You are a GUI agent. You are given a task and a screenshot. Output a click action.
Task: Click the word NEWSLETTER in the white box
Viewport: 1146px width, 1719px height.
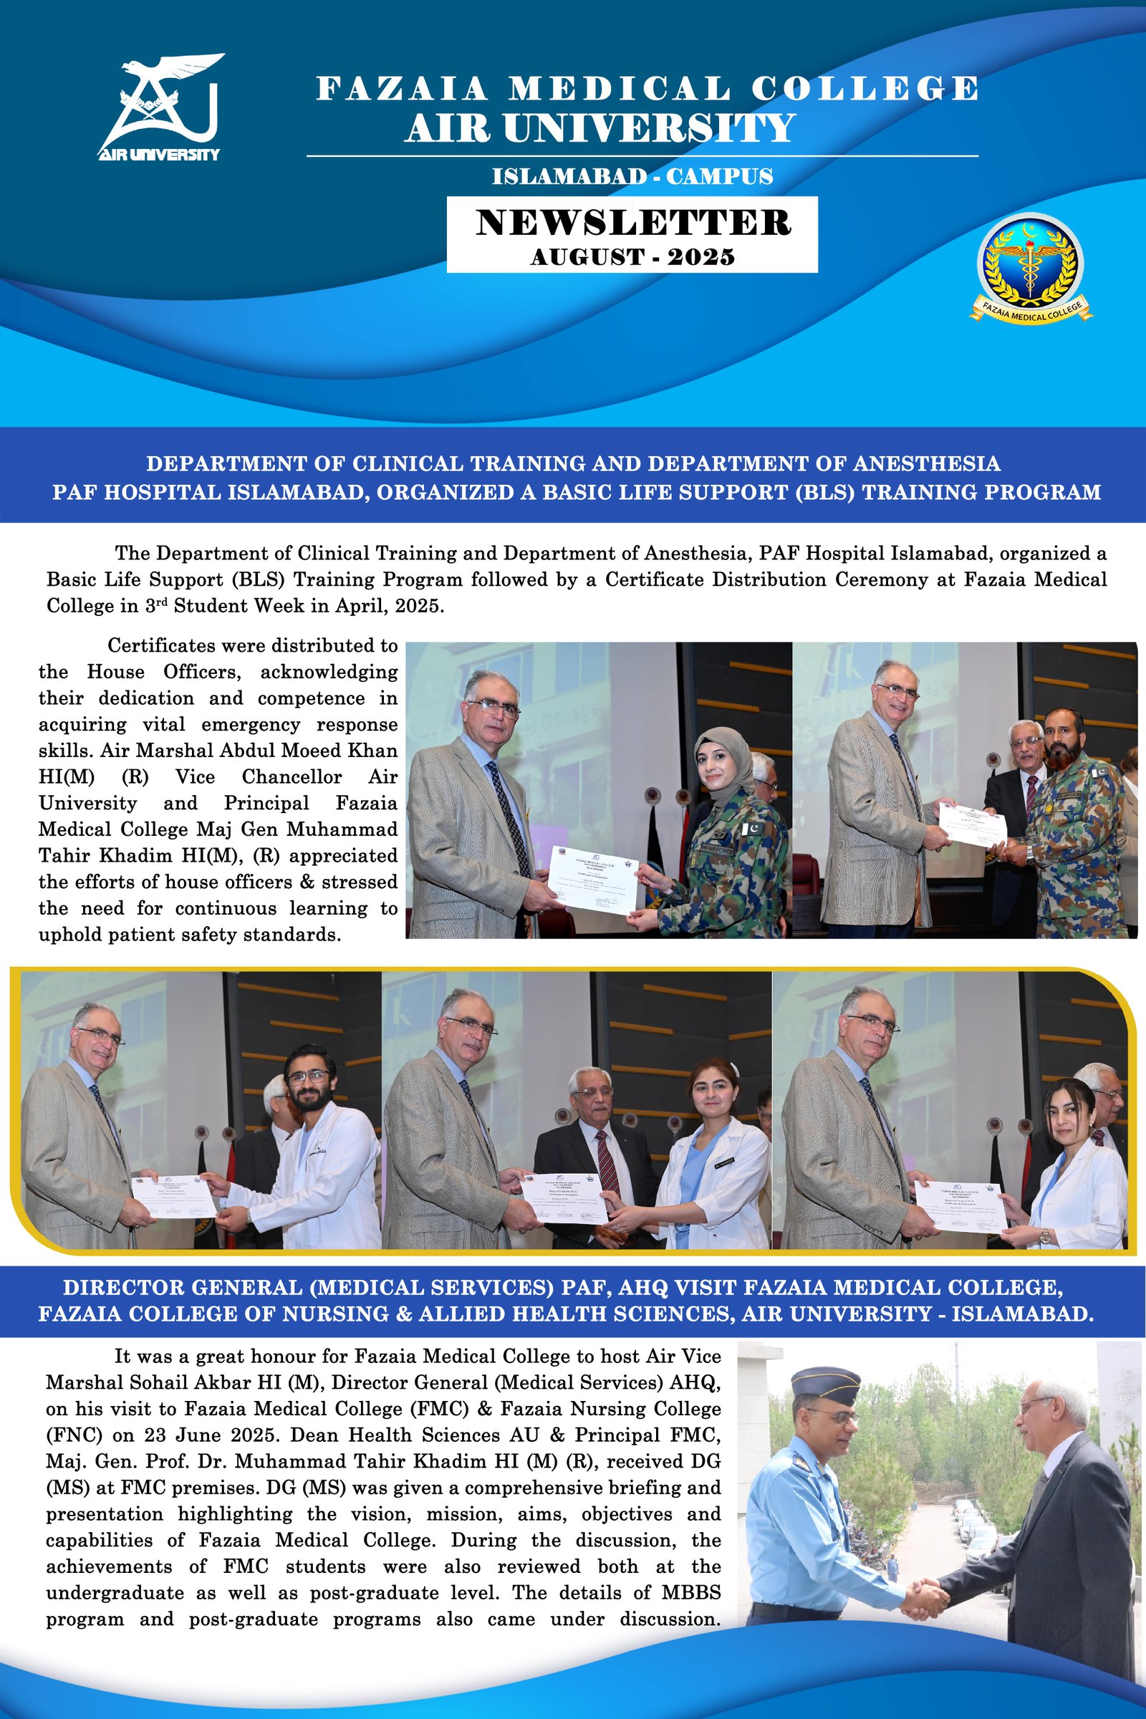pos(633,223)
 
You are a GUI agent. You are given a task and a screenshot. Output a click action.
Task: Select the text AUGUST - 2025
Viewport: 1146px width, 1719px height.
pos(632,256)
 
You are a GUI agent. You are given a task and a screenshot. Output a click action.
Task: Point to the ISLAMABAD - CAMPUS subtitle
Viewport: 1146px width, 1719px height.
pos(632,177)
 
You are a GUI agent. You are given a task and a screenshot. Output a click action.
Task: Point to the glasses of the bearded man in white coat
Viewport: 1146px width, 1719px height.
pos(309,1077)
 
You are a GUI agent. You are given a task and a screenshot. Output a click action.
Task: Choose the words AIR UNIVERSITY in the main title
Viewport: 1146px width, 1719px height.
pos(600,130)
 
